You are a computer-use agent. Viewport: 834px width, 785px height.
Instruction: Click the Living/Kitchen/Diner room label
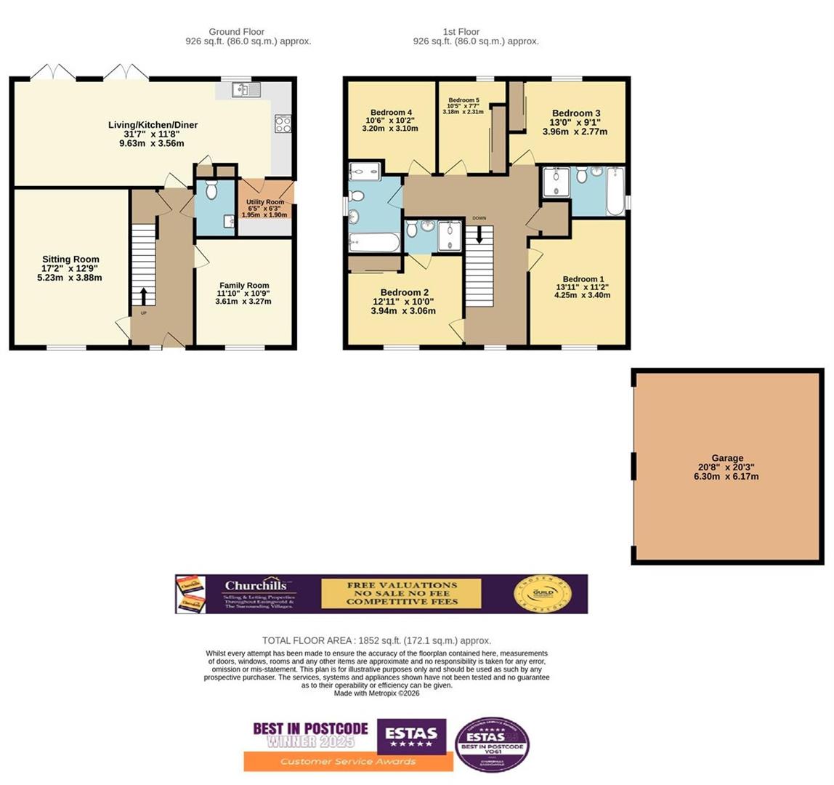pyautogui.click(x=153, y=125)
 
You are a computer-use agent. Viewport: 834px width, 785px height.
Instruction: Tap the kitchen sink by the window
pyautogui.click(x=247, y=89)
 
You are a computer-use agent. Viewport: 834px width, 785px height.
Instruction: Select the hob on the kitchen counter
pyautogui.click(x=283, y=124)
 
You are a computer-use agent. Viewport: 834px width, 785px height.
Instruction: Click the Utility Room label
pyautogui.click(x=264, y=202)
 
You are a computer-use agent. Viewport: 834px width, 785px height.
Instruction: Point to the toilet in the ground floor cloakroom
pyautogui.click(x=211, y=190)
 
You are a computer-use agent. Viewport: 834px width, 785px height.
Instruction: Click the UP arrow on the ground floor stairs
pyautogui.click(x=143, y=295)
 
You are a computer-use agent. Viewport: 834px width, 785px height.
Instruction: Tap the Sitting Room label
pyautogui.click(x=70, y=259)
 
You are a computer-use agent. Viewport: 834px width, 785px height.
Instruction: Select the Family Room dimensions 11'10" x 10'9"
pyautogui.click(x=243, y=294)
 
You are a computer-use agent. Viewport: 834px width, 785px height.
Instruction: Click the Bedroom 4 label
pyautogui.click(x=391, y=112)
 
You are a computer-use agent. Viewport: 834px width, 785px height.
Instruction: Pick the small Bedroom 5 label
pyautogui.click(x=463, y=100)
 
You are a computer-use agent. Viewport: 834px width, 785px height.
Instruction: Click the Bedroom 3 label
pyautogui.click(x=576, y=113)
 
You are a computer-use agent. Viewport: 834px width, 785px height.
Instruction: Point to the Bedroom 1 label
pyautogui.click(x=583, y=279)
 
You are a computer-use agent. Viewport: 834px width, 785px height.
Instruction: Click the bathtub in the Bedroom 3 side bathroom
pyautogui.click(x=615, y=192)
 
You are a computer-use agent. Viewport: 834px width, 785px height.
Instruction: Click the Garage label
pyautogui.click(x=727, y=458)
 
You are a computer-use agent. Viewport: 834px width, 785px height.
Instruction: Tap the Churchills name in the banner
pyautogui.click(x=254, y=586)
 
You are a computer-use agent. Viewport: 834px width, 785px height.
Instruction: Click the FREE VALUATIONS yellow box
pyautogui.click(x=401, y=593)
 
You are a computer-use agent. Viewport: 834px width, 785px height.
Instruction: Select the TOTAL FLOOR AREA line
pyautogui.click(x=376, y=640)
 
